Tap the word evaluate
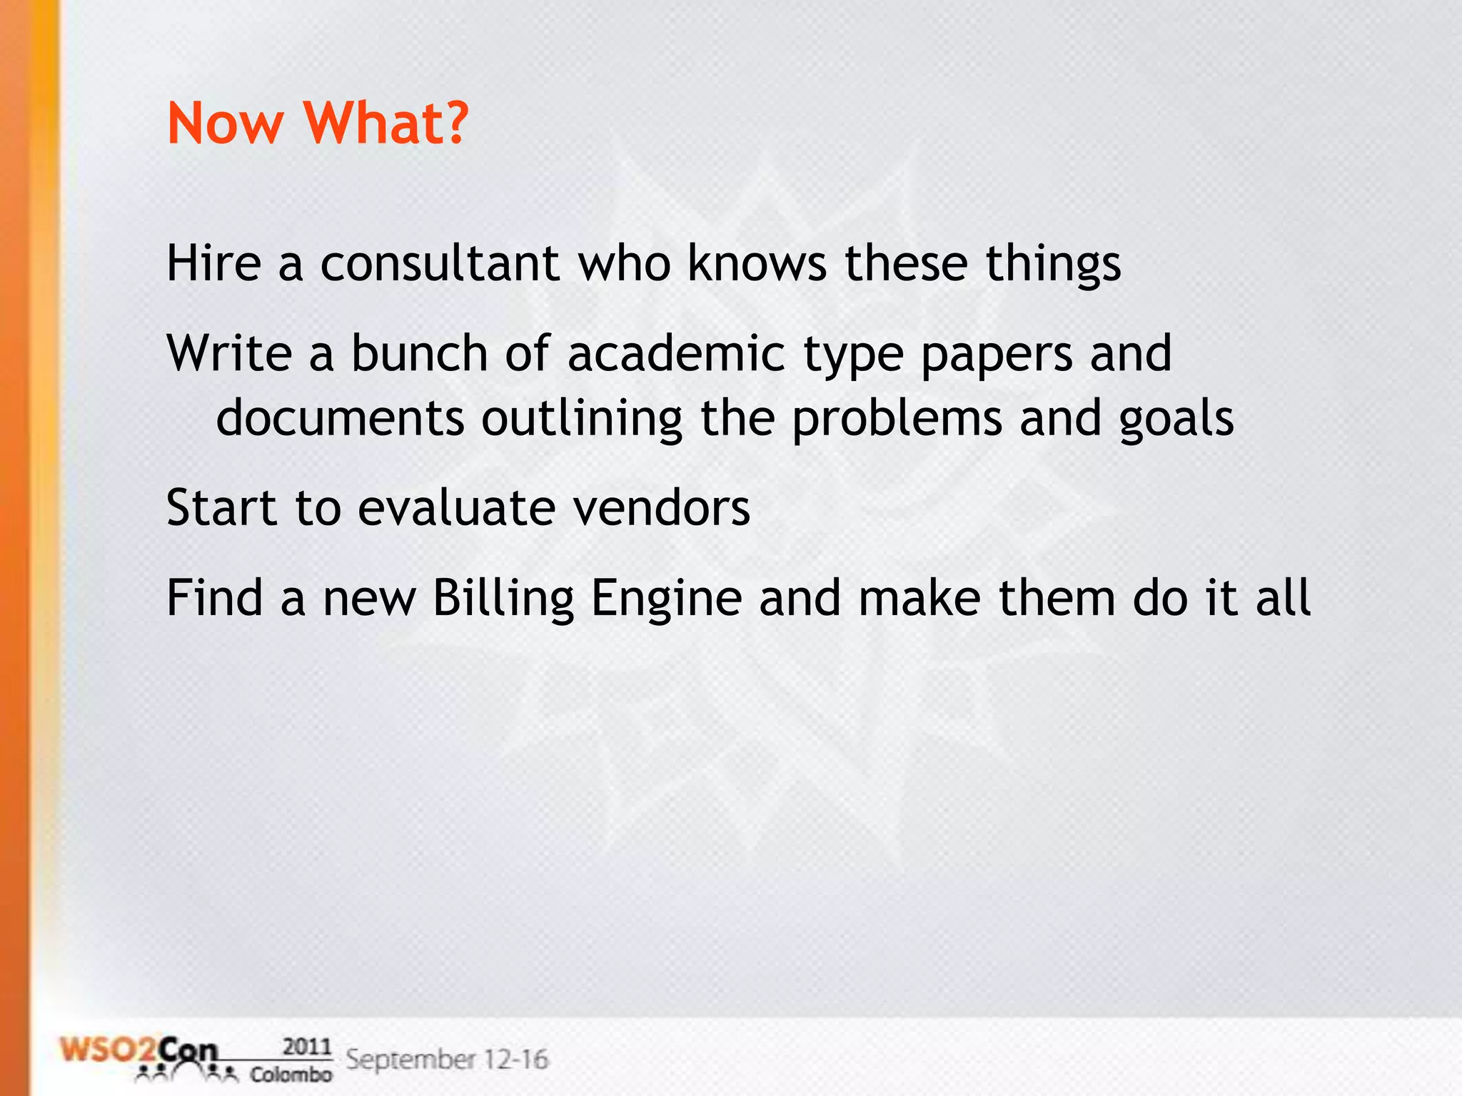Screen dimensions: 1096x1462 [456, 507]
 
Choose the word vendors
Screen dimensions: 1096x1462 [662, 507]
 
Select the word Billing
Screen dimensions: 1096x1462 [503, 598]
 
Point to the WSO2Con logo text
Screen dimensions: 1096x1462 [139, 1052]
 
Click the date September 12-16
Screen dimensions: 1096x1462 [447, 1059]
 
